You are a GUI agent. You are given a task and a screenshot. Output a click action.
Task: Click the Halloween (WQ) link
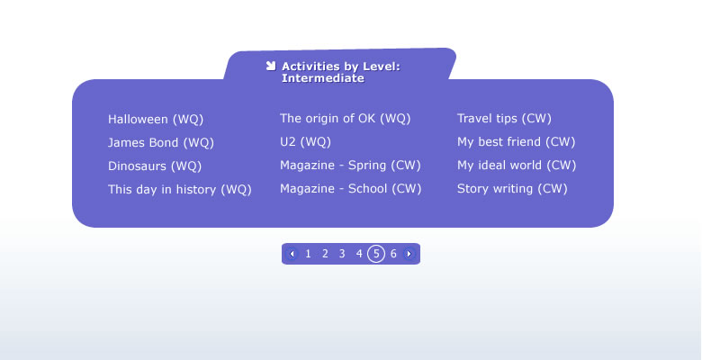coord(156,119)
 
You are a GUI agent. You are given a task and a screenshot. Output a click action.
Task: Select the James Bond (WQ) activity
coord(161,142)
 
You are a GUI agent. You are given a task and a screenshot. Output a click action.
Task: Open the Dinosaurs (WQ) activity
coord(155,166)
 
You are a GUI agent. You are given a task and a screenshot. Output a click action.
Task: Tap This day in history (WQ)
coord(180,189)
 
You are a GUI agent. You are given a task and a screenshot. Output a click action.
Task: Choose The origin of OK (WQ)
coord(346,118)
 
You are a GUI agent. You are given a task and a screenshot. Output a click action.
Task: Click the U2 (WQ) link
coord(305,141)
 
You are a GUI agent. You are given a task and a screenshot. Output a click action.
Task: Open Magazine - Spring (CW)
coord(351,165)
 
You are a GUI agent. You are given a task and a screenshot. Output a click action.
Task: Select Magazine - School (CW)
coord(351,188)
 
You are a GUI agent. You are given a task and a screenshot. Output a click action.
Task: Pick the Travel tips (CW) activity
coord(504,118)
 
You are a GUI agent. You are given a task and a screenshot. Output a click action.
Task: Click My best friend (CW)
coord(517,141)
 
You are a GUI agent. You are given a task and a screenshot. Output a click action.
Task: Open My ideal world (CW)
coord(517,165)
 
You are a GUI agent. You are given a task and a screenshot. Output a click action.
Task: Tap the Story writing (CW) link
coord(512,188)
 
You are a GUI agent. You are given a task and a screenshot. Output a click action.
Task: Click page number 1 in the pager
coord(308,254)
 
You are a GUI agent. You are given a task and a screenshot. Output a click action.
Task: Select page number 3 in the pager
coord(342,254)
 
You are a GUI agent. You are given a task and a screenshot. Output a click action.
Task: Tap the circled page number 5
coord(376,254)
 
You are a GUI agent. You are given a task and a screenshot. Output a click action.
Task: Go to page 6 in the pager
coord(393,254)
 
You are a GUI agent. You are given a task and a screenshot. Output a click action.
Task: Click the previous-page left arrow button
coord(292,254)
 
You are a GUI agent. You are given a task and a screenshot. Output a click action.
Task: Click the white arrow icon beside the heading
coord(270,66)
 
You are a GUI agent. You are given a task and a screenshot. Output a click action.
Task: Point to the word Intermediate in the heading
coord(323,78)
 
